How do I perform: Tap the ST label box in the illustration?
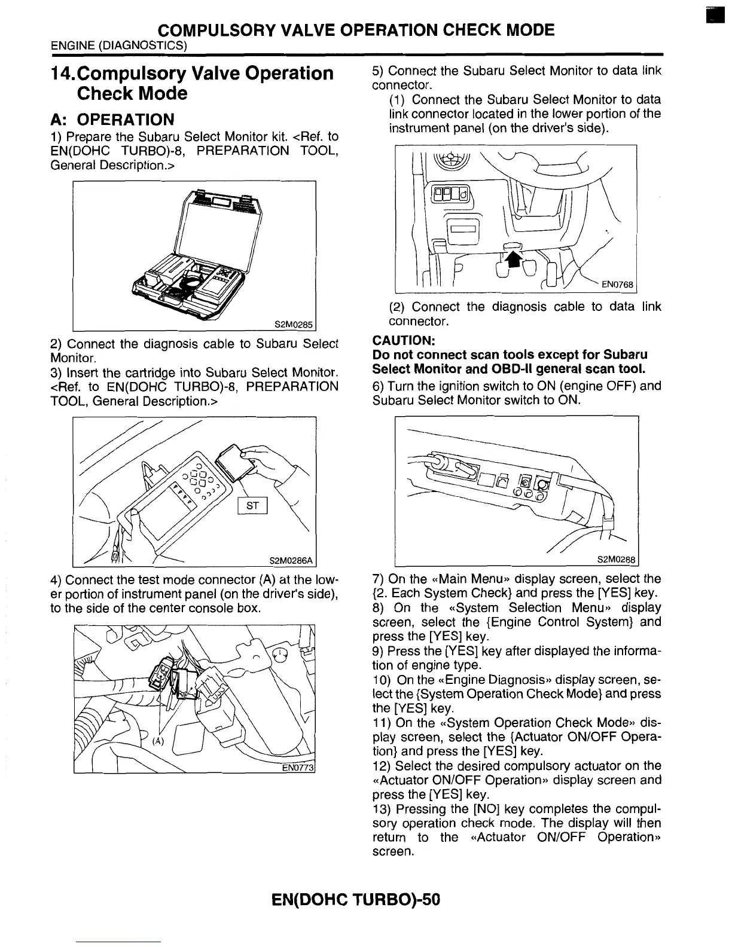252,506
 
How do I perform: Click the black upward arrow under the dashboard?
513,258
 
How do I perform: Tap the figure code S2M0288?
617,560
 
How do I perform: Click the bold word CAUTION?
403,341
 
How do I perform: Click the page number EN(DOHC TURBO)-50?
355,899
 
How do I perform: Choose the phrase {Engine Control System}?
553,622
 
